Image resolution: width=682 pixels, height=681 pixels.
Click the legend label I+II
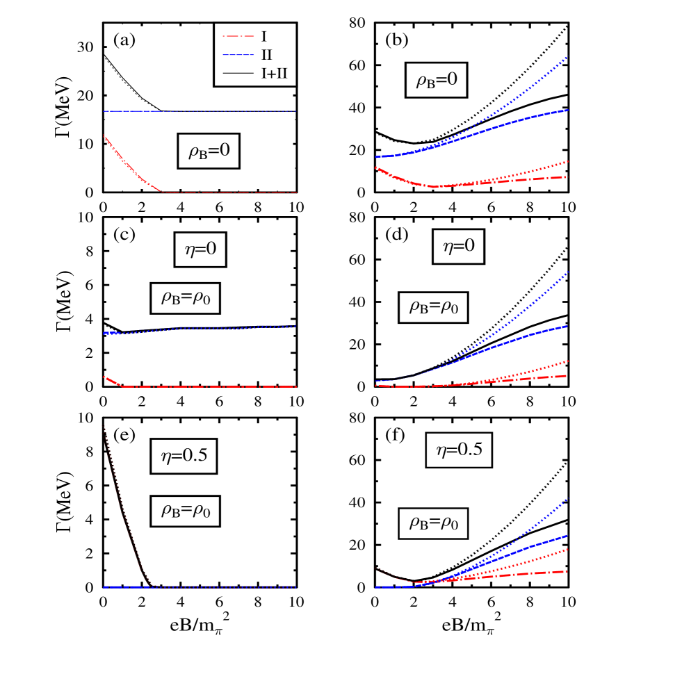274,74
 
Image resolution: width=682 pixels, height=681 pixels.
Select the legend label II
266,55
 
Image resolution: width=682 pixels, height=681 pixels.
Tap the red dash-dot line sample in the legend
238,37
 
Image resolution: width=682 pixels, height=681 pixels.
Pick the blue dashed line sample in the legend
238,55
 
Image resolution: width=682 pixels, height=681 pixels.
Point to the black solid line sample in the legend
238,73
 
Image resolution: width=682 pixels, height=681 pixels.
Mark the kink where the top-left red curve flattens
161,192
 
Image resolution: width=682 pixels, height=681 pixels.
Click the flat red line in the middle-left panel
209,386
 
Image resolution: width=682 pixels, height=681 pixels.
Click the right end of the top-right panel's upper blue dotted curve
567,57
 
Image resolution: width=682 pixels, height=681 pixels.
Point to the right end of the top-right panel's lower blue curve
567,110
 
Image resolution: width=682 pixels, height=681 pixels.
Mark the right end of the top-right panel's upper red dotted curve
567,161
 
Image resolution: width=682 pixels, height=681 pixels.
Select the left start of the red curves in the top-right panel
376,167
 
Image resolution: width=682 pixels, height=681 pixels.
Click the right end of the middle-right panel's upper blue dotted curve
567,272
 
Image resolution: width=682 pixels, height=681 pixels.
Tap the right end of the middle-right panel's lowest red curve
567,376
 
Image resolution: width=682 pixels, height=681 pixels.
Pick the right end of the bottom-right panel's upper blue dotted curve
567,499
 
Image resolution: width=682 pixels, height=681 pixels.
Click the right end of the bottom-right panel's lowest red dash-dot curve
567,571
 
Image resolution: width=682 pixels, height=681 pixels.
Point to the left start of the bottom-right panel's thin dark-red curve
378,569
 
